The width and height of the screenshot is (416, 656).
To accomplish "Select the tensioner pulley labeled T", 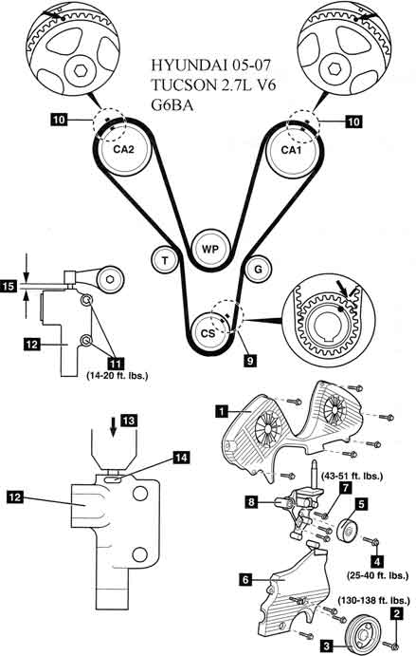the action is pyautogui.click(x=165, y=261).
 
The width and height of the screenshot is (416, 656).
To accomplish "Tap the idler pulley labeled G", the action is pyautogui.click(x=258, y=270).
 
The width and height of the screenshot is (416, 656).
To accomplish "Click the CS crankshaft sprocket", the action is pyautogui.click(x=208, y=333).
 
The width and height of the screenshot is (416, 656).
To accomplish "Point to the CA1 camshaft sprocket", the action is pyautogui.click(x=291, y=150).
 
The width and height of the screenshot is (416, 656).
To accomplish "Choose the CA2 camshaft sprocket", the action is pyautogui.click(x=123, y=149).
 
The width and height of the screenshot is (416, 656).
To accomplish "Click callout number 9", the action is pyautogui.click(x=250, y=360).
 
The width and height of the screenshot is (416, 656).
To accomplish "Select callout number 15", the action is pyautogui.click(x=9, y=287).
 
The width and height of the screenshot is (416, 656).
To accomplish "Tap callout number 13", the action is pyautogui.click(x=129, y=420).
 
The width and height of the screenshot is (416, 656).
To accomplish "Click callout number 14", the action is pyautogui.click(x=181, y=458).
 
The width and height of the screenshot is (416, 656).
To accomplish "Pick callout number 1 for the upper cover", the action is pyautogui.click(x=222, y=411).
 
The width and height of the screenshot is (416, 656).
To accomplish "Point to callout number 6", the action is pyautogui.click(x=245, y=579).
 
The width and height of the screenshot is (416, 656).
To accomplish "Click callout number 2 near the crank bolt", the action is pyautogui.click(x=396, y=613).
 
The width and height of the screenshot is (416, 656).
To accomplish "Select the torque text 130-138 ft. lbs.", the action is pyautogui.click(x=373, y=600).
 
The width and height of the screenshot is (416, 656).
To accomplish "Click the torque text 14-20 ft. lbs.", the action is pyautogui.click(x=118, y=375).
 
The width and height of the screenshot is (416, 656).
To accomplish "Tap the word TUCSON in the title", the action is pyautogui.click(x=181, y=84).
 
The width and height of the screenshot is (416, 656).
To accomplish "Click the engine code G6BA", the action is pyautogui.click(x=172, y=105).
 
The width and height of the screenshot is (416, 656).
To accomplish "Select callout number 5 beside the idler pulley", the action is pyautogui.click(x=361, y=504).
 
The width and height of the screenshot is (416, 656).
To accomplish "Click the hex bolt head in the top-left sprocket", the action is pyautogui.click(x=81, y=71).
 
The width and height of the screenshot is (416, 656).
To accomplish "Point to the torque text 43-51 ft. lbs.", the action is pyautogui.click(x=353, y=476).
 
